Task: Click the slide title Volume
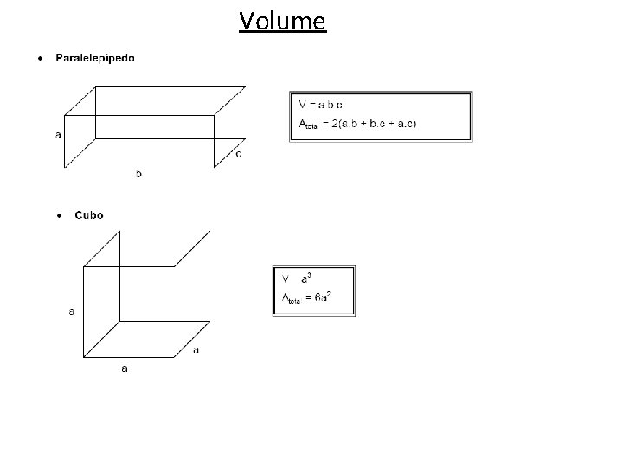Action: (x=283, y=20)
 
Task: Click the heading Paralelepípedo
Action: (x=95, y=59)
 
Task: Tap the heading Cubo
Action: (x=89, y=214)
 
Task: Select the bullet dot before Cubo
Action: (x=59, y=215)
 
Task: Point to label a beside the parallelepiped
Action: (x=58, y=135)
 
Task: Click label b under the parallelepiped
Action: (x=138, y=173)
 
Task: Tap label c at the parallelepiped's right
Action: (x=238, y=155)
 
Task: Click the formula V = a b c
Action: (x=321, y=105)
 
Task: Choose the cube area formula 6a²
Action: (x=322, y=298)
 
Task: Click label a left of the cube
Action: (x=72, y=310)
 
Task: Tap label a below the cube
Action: (x=125, y=368)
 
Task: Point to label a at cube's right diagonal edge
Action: (x=196, y=350)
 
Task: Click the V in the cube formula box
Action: (x=286, y=278)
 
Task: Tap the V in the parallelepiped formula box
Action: (x=303, y=105)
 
